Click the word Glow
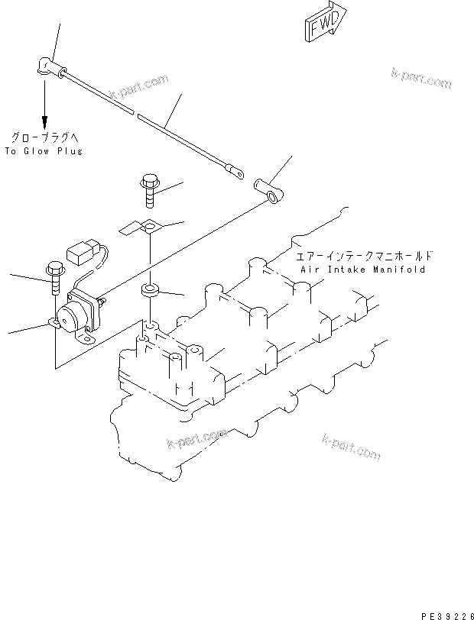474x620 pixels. tap(37, 151)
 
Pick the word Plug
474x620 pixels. tap(68, 151)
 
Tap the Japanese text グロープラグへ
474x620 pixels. tap(44, 137)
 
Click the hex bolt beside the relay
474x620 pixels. tap(54, 278)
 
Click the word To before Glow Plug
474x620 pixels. tap(10, 151)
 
